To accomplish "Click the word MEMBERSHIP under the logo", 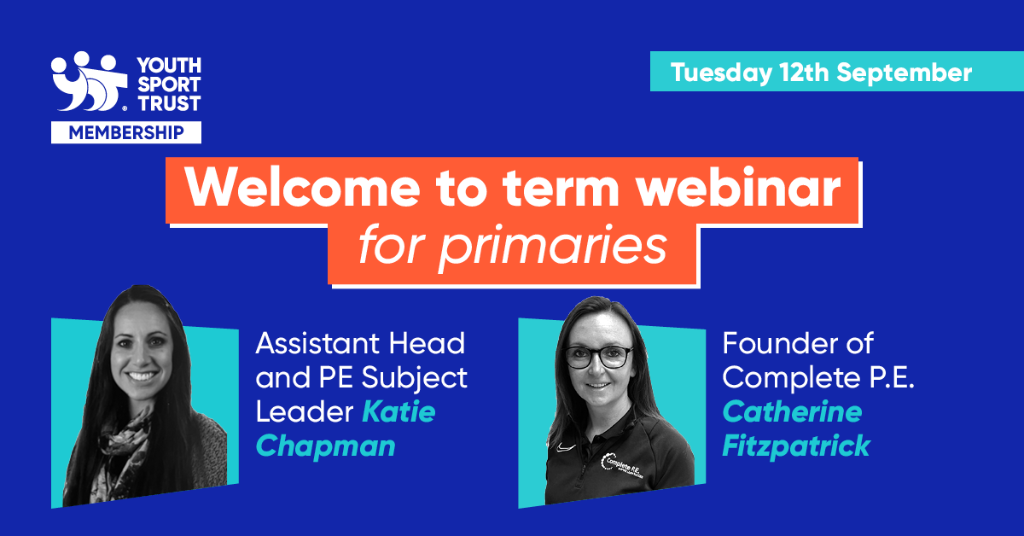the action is (x=126, y=132).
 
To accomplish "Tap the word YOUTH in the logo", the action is (x=169, y=66).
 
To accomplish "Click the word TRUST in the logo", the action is (x=169, y=104).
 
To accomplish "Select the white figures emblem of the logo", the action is (x=89, y=81).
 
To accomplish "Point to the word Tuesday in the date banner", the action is (x=721, y=73).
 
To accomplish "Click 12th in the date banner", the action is (x=805, y=73).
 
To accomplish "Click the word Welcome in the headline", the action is (x=302, y=188).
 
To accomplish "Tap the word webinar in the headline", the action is (x=739, y=188).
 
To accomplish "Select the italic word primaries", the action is (x=552, y=247).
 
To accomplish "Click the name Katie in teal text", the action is (x=399, y=411).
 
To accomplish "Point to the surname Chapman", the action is (x=325, y=446).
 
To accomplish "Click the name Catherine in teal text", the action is (x=792, y=411).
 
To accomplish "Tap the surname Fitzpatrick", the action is (x=796, y=446).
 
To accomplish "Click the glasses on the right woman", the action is (x=599, y=356).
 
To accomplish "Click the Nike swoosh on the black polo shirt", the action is (x=566, y=447).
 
